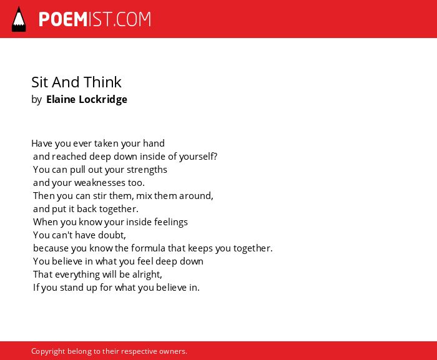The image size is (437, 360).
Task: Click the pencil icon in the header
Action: [x=19, y=19]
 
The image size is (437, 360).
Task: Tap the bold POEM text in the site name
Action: [x=63, y=19]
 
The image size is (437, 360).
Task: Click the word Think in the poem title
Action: [x=102, y=82]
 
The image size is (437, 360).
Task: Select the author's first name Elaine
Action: [x=61, y=99]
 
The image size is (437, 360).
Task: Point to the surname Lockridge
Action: [x=103, y=99]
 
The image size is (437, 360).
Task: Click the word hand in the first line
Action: [x=154, y=144]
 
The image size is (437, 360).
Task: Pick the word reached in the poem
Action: [x=69, y=157]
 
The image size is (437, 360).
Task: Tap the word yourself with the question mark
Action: [x=198, y=157]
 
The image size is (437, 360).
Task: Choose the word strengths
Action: [x=147, y=170]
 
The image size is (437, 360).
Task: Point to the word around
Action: [x=196, y=196]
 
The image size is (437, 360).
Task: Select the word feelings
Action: [x=171, y=222]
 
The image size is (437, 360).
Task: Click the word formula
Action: [x=152, y=248]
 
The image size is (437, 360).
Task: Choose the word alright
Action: [x=147, y=275]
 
